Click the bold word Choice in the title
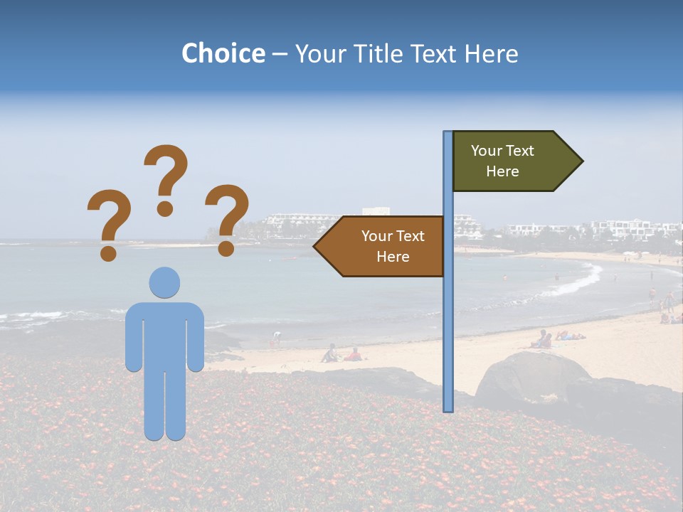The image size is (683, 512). [223, 53]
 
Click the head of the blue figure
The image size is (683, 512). [164, 282]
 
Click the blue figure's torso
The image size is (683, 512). [164, 334]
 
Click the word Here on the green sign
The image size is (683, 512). [502, 171]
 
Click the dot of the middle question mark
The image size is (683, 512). [165, 208]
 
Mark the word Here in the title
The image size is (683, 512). [491, 53]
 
